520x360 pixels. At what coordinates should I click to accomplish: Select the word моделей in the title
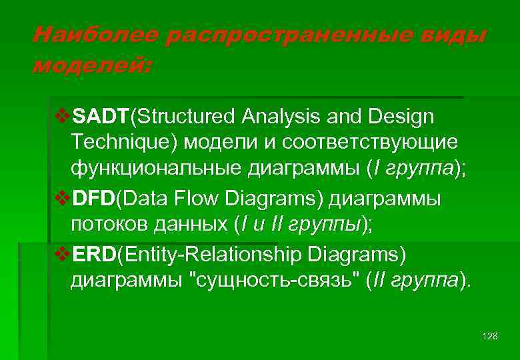[91, 65]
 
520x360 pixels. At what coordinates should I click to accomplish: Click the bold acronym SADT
[101, 117]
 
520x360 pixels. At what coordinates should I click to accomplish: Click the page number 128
[489, 336]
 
